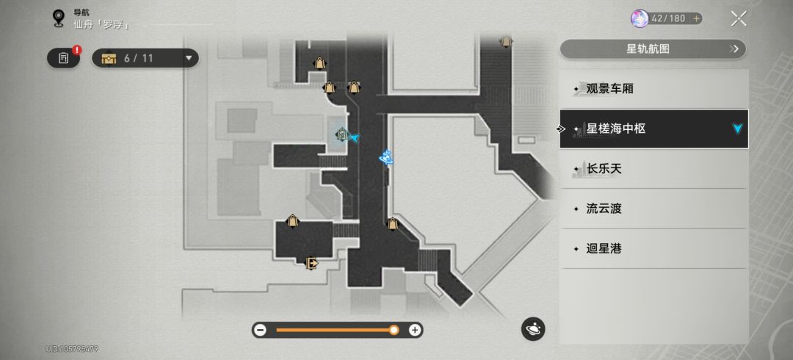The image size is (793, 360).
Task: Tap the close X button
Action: point(739,18)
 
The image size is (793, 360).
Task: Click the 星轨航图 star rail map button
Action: point(653,49)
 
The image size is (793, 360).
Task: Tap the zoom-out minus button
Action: point(260,330)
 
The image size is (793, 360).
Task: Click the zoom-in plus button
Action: point(415,330)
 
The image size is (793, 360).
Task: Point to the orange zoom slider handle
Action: point(394,330)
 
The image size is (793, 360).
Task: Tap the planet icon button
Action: point(533,329)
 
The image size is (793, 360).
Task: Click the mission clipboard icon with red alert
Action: point(64,58)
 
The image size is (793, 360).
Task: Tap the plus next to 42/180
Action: point(696,18)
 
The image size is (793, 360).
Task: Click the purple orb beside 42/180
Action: point(640,18)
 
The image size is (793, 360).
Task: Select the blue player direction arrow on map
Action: point(355,137)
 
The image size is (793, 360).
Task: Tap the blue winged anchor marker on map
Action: point(386,157)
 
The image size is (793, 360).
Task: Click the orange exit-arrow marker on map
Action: point(311,263)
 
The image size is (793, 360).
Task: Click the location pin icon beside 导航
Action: point(59,18)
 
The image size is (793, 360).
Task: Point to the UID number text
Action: point(72,349)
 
